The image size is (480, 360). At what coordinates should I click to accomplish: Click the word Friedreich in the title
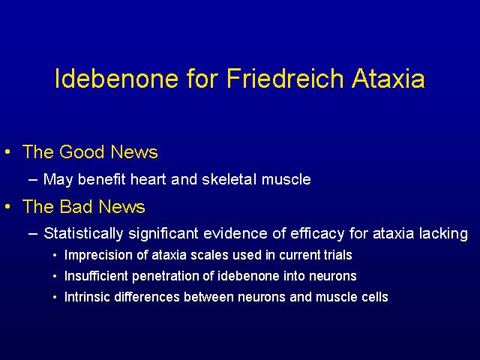pos(286,78)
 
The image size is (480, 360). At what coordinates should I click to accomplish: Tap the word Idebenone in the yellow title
pos(117,78)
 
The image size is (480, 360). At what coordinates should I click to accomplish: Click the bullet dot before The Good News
pos(8,151)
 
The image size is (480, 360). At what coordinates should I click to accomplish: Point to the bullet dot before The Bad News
pos(8,207)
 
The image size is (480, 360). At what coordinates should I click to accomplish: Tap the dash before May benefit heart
pos(33,180)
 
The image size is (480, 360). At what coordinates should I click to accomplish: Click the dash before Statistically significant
pos(33,234)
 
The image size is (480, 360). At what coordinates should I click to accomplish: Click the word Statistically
pos(83,233)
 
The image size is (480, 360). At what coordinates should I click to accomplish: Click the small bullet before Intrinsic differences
pos(55,297)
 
